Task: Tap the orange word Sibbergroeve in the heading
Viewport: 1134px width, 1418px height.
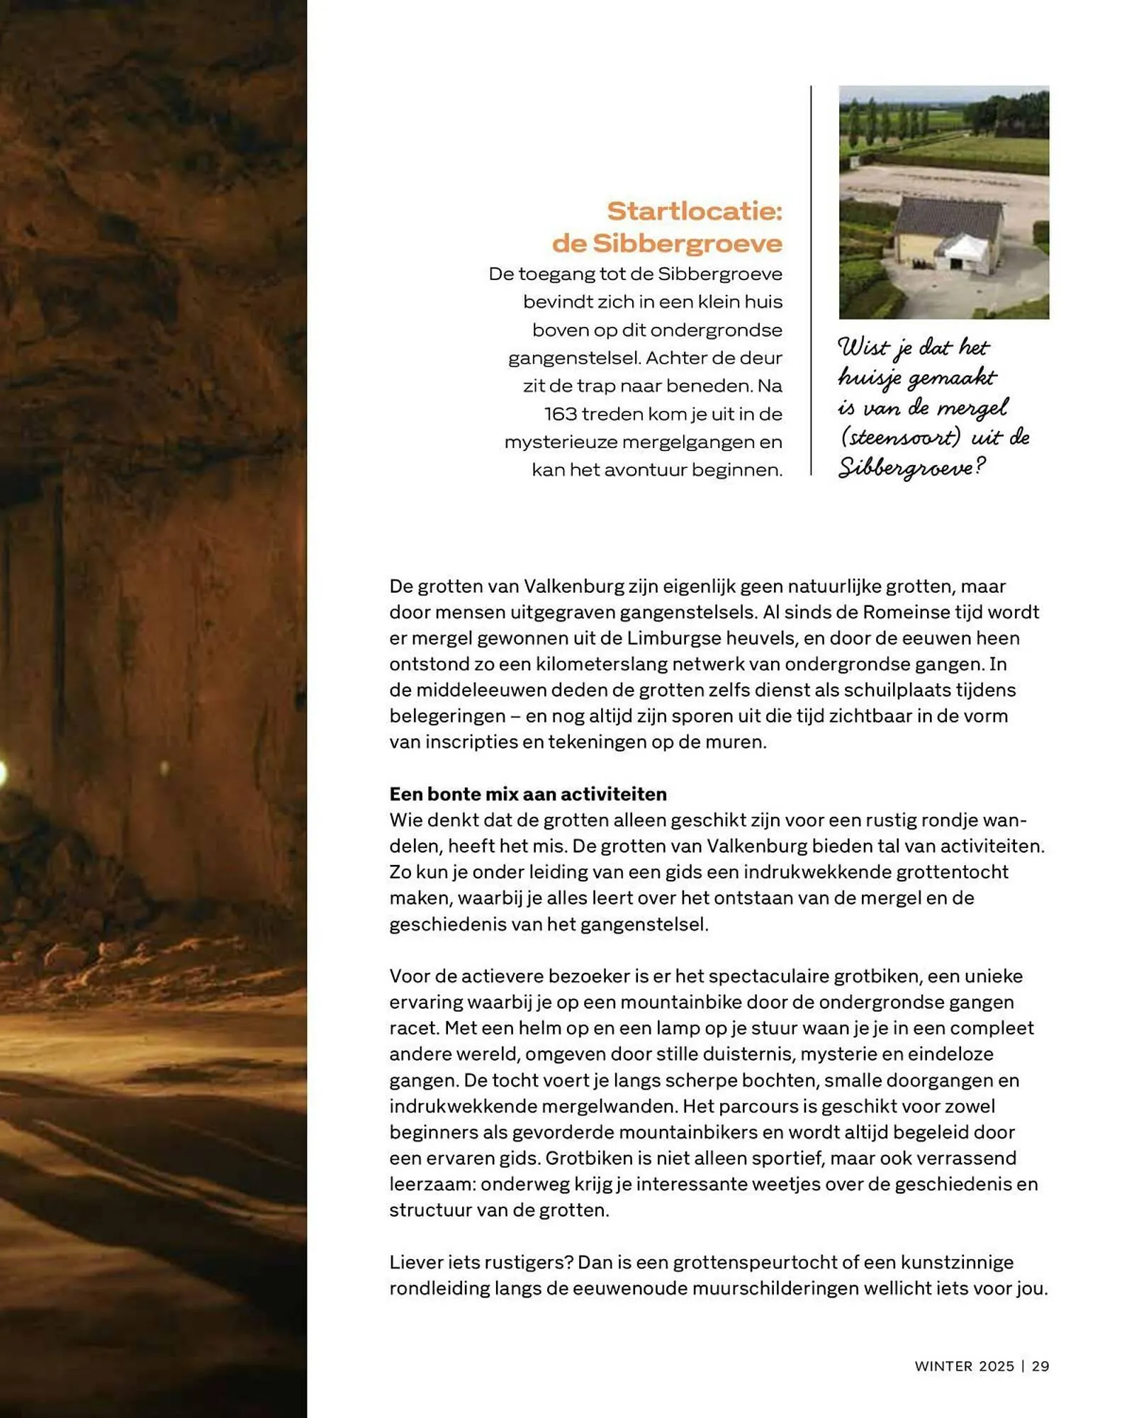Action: point(687,243)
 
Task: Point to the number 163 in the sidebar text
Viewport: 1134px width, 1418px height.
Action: point(561,413)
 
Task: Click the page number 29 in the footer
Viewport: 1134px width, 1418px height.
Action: point(1040,1366)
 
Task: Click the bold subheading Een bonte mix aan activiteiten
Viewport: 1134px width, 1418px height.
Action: point(528,794)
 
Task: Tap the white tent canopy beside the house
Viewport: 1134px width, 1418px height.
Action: point(962,248)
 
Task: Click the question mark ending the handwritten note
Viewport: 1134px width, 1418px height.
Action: point(980,467)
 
